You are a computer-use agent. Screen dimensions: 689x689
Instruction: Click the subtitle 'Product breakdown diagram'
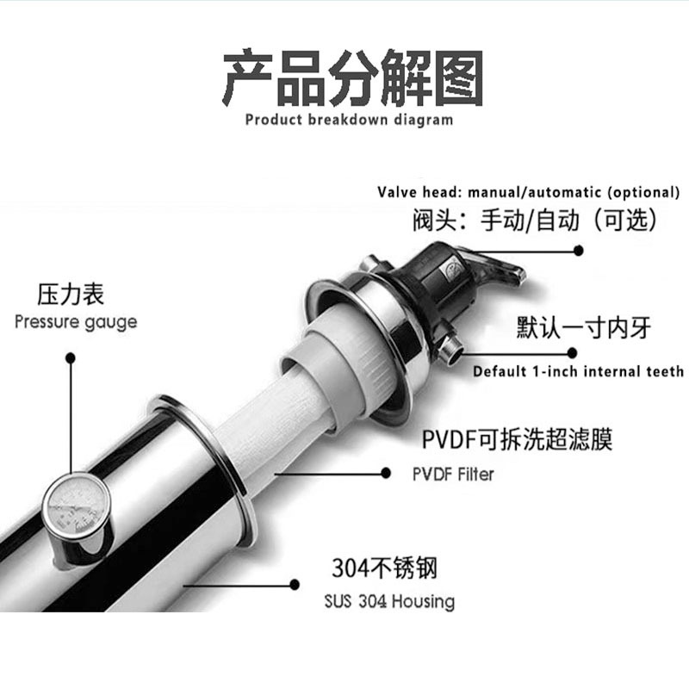(349, 120)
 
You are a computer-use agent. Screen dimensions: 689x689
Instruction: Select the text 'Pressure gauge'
(76, 322)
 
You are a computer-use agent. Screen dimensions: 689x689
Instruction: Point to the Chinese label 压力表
(71, 295)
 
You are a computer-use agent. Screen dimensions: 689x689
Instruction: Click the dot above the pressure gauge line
(71, 358)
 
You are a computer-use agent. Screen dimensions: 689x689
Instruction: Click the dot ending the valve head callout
(579, 251)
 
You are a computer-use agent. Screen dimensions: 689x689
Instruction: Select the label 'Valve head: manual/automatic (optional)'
(528, 192)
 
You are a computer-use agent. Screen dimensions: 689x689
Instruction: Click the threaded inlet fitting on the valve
(449, 343)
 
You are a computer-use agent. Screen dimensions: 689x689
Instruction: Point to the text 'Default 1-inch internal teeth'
(578, 372)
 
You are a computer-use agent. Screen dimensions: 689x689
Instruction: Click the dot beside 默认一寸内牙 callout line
(572, 353)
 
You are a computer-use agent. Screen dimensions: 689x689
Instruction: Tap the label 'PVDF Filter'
(453, 475)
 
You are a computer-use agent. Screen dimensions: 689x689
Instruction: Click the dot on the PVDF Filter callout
(386, 473)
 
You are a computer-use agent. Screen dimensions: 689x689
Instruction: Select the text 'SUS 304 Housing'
(389, 601)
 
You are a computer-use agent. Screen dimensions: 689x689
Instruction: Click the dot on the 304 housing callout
(295, 585)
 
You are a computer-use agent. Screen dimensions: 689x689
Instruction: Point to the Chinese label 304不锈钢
(384, 568)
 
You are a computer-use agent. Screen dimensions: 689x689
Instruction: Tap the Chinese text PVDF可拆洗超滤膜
(518, 439)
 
